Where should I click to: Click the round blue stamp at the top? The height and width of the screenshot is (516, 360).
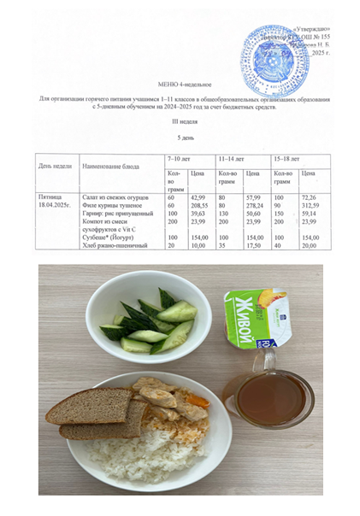click(271, 50)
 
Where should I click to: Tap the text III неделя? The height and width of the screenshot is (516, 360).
click(180, 123)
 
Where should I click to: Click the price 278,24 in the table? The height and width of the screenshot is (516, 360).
click(253, 205)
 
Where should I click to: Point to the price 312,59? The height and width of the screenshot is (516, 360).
click(307, 205)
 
